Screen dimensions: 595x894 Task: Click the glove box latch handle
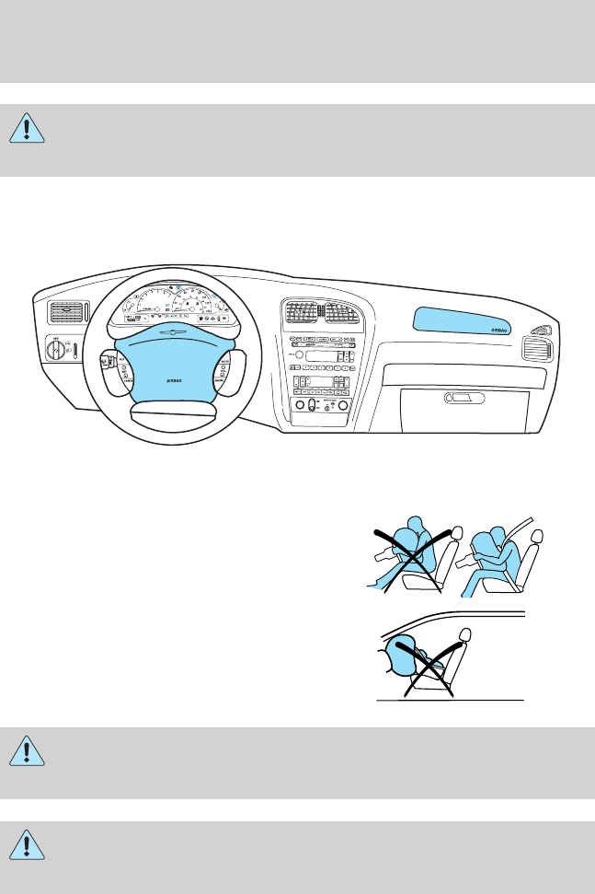click(x=463, y=398)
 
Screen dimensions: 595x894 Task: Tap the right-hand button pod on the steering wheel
click(x=225, y=373)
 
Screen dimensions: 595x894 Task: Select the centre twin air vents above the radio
click(x=320, y=314)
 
